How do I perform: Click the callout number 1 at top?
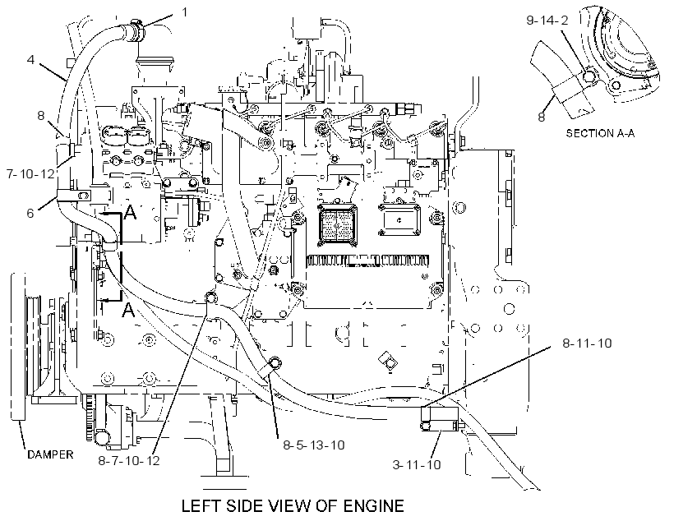(x=184, y=12)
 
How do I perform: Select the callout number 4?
(x=30, y=59)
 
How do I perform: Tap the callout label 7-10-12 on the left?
(x=31, y=174)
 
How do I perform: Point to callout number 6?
(x=30, y=213)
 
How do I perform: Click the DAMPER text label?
(x=50, y=454)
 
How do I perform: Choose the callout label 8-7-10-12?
(x=129, y=461)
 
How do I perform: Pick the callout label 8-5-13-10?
(x=314, y=445)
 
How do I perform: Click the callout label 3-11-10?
(x=417, y=464)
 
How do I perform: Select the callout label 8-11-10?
(x=587, y=343)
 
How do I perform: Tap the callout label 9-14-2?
(x=547, y=21)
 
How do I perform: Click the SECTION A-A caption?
(x=600, y=133)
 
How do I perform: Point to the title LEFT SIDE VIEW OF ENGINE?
(x=293, y=506)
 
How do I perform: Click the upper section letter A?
(x=130, y=211)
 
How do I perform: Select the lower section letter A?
(x=128, y=310)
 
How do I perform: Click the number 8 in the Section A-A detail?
(x=542, y=117)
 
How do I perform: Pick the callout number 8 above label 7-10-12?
(x=41, y=115)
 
